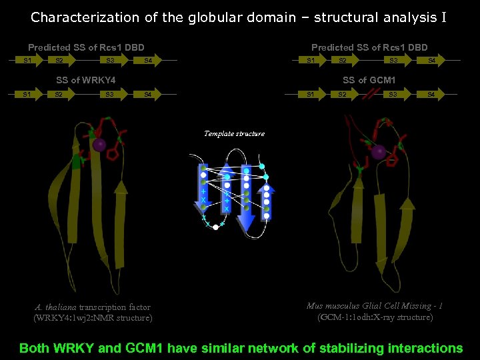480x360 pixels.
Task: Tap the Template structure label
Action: [234, 133]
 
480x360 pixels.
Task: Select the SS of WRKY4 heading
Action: [86, 80]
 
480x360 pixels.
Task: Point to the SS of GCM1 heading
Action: [369, 80]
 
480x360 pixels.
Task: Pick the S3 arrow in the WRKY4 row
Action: [110, 95]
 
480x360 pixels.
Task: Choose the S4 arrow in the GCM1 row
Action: [431, 95]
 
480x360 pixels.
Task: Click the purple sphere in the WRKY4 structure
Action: [99, 145]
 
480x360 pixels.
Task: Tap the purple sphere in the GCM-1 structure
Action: [379, 152]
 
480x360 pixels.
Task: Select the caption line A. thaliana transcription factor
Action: [93, 307]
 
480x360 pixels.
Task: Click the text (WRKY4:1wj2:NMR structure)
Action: [93, 318]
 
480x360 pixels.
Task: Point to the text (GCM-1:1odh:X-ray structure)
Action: [375, 317]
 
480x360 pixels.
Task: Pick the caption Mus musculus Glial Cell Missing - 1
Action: [375, 307]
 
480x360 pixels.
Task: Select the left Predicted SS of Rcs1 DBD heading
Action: [86, 47]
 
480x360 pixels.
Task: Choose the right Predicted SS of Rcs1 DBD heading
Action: [369, 47]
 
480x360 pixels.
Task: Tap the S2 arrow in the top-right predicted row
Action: [343, 61]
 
